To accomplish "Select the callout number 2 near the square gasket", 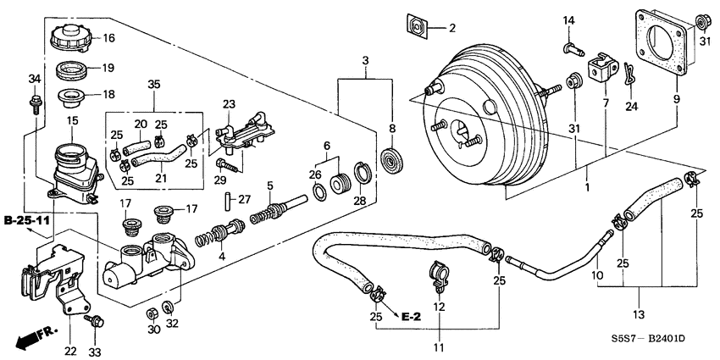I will [451, 28].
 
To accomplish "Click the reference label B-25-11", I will [26, 221].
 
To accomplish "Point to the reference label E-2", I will [411, 316].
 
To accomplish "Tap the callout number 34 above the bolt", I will [34, 80].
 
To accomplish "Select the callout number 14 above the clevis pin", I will [569, 20].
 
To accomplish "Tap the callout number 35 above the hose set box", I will [153, 84].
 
